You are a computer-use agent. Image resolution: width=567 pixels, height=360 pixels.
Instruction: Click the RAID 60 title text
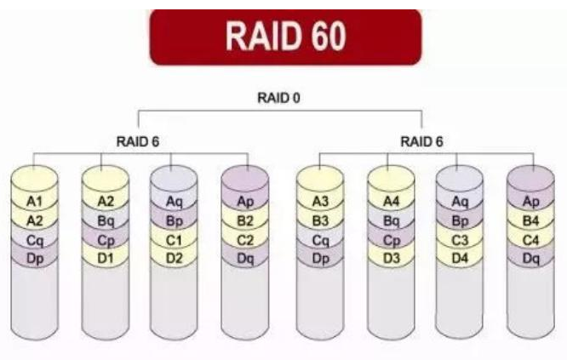pos(286,36)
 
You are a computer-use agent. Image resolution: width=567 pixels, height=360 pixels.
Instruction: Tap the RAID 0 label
pos(278,98)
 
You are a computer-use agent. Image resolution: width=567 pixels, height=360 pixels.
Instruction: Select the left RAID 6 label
pos(138,141)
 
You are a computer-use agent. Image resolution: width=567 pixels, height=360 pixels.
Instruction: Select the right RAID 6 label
pos(421,141)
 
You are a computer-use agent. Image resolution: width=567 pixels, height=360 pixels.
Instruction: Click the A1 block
pos(35,202)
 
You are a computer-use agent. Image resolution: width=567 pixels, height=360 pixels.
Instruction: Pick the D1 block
pos(106,258)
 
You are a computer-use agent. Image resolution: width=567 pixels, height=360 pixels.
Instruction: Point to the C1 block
pos(174,240)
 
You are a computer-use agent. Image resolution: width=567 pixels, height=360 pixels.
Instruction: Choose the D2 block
pos(174,258)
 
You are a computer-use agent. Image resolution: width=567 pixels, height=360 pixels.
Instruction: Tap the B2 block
pos(245,220)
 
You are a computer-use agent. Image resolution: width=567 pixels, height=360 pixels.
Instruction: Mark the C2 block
pos(245,240)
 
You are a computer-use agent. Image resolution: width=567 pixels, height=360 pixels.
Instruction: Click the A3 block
pos(320,202)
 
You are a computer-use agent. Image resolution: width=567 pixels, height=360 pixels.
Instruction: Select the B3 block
pos(320,220)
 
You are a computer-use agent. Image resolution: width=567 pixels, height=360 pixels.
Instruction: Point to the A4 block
pos(391,202)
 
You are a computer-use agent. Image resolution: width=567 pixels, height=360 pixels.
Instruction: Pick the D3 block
pos(391,258)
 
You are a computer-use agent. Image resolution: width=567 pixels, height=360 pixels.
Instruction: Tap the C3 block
pos(459,240)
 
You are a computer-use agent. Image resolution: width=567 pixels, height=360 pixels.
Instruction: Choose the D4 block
pos(459,258)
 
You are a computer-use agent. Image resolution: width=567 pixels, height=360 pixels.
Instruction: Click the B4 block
pos(530,220)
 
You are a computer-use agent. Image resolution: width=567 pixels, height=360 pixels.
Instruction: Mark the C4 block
pos(530,240)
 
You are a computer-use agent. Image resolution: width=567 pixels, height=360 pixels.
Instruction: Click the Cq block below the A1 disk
pos(35,240)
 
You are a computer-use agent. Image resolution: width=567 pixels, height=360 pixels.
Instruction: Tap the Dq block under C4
pos(530,258)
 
